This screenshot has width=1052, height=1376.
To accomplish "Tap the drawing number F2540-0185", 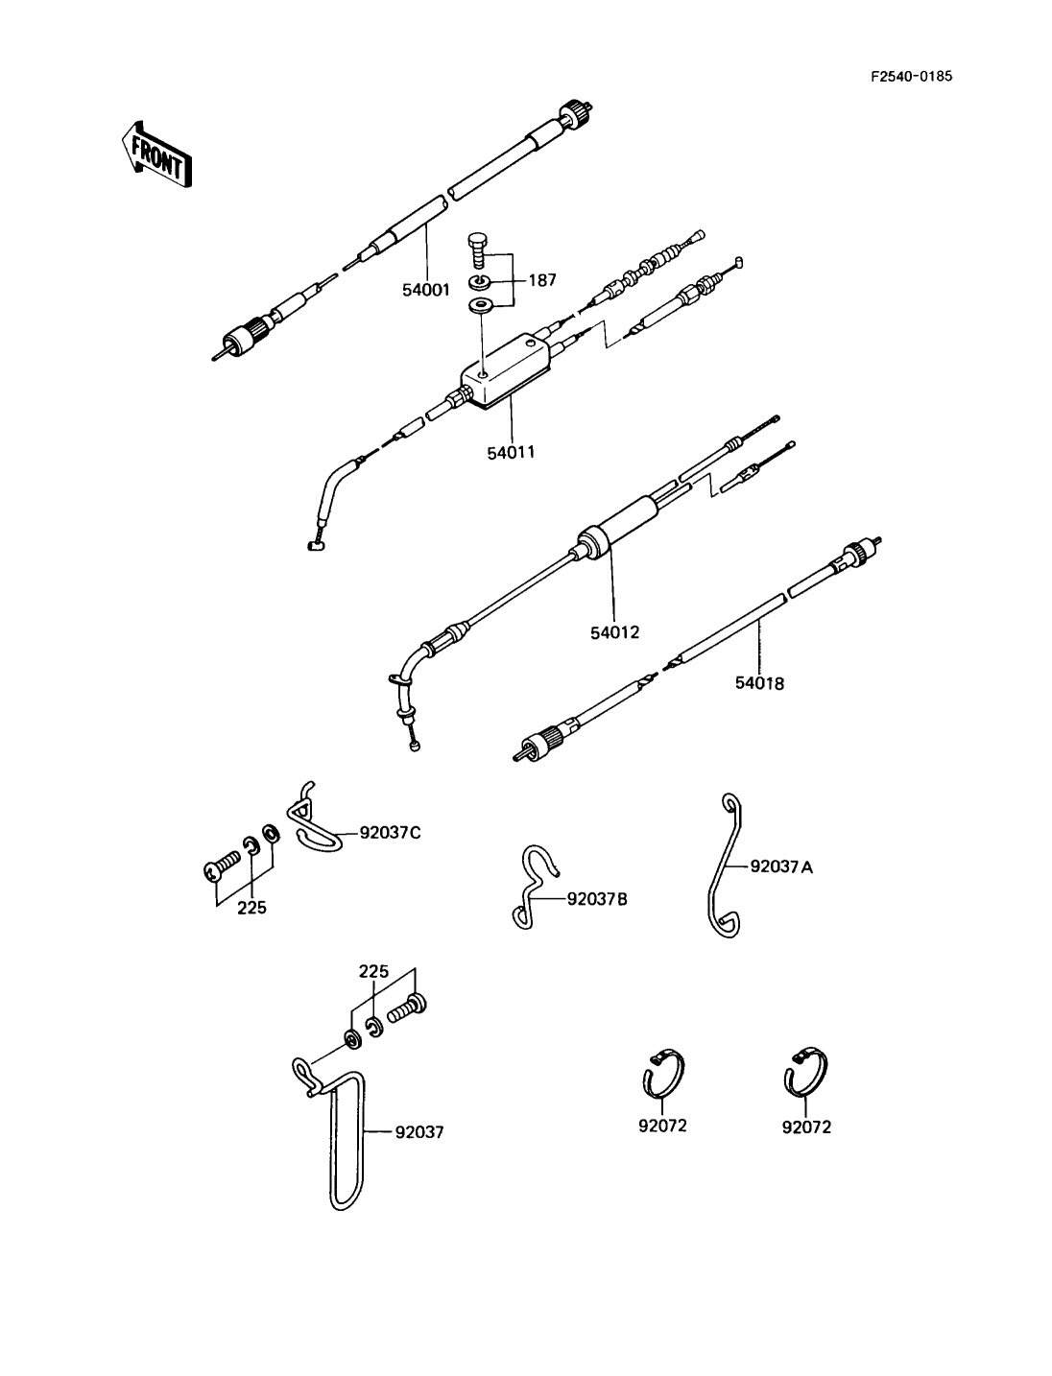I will click(911, 77).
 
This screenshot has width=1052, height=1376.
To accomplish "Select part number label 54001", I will click(426, 289).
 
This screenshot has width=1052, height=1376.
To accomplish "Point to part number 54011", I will click(511, 451).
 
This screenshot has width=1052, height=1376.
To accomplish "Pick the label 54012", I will click(615, 632).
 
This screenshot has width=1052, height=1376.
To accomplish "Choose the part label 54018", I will click(759, 683).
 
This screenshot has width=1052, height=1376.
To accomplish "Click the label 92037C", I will click(390, 832).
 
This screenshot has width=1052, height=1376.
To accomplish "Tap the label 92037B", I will click(597, 899).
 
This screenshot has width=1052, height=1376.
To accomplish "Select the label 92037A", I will click(781, 866).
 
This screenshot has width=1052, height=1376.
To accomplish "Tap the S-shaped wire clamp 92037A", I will click(726, 864).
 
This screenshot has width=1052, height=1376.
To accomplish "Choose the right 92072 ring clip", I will click(807, 1073).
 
